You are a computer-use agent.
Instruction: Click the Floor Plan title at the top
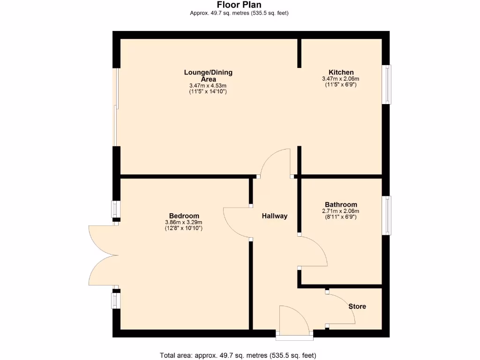(239, 5)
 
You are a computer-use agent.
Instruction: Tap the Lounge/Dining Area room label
(208, 75)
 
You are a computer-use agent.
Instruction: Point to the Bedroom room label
(184, 216)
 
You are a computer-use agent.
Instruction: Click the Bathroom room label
(341, 204)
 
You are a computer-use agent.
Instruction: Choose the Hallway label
(274, 216)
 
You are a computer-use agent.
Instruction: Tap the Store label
(357, 307)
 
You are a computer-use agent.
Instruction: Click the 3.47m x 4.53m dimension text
(208, 86)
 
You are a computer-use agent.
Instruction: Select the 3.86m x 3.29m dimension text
(184, 222)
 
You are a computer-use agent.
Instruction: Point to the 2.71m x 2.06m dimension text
(341, 211)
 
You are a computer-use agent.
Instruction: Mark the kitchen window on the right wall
(387, 84)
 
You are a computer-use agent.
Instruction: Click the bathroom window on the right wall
(387, 215)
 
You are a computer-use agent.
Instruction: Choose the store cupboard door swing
(341, 309)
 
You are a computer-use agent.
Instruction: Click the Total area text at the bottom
(241, 355)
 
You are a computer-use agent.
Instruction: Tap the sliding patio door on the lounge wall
(116, 108)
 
